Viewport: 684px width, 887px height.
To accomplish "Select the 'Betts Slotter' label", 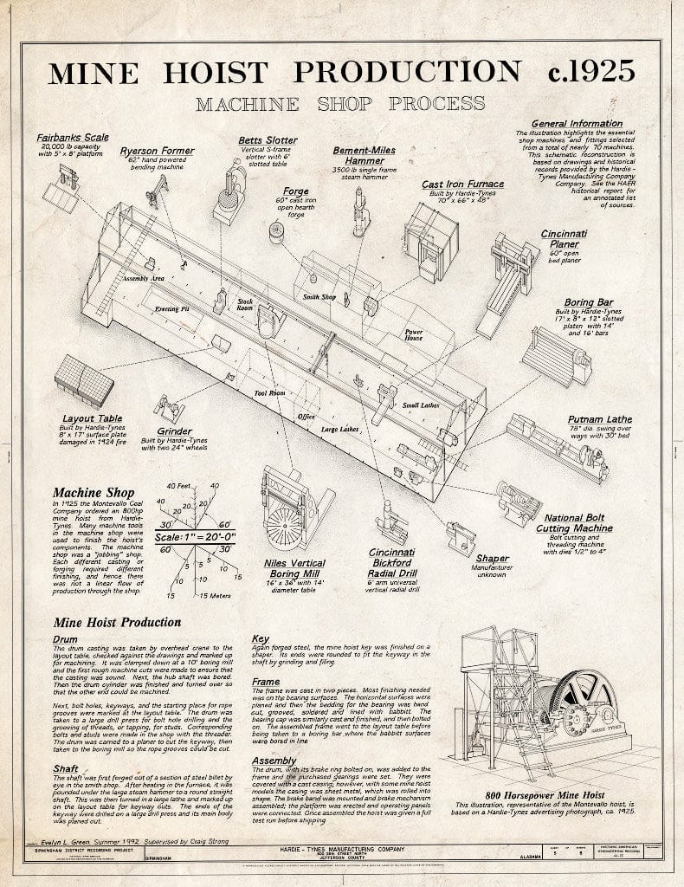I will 268,139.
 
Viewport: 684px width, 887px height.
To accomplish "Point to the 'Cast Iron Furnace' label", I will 462,184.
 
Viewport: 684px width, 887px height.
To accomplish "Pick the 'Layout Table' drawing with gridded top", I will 84,381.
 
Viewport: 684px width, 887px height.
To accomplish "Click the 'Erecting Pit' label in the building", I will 172,309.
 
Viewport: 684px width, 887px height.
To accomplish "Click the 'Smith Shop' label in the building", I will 319,297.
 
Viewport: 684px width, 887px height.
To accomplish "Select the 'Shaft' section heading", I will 66,768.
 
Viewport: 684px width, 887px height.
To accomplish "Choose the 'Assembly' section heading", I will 274,761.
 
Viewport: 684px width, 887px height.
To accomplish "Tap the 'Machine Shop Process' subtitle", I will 339,104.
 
